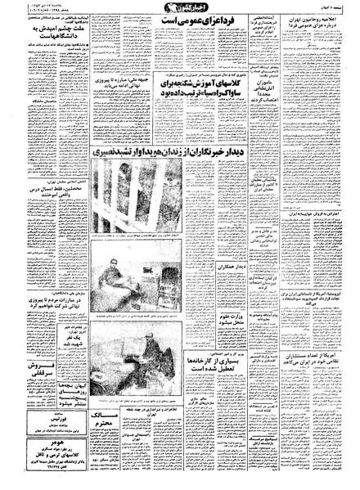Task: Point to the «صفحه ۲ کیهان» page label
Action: pos(340,6)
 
